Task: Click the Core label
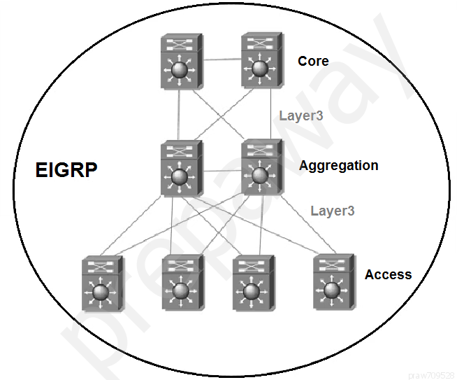point(313,61)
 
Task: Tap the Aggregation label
point(338,166)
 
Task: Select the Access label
point(388,274)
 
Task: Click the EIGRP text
point(66,170)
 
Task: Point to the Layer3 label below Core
point(301,115)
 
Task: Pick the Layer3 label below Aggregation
point(332,210)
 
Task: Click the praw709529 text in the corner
point(431,374)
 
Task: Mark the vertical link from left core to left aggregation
point(179,115)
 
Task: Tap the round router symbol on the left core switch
point(180,71)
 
